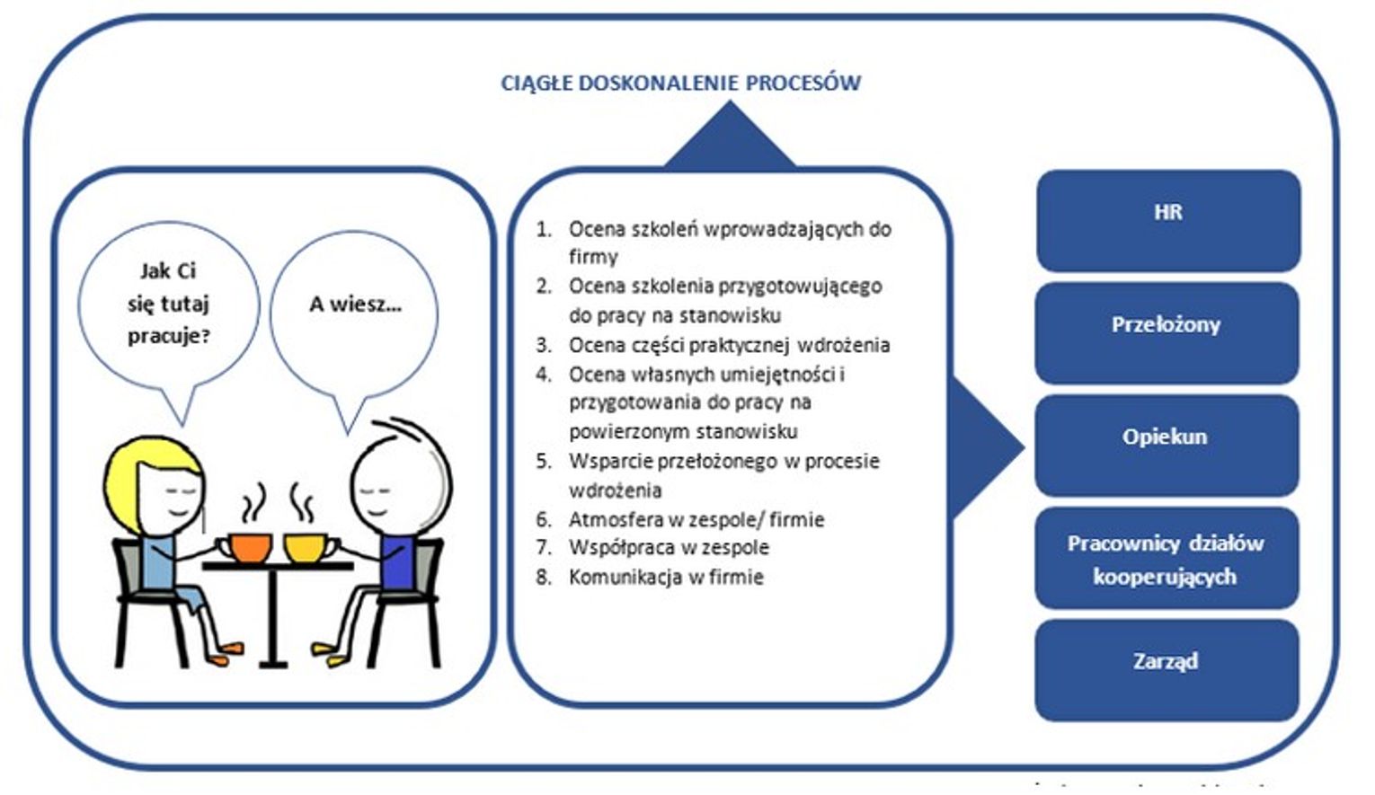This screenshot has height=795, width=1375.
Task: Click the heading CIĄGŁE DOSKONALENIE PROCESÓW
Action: point(680,83)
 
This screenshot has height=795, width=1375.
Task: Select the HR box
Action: point(1167,220)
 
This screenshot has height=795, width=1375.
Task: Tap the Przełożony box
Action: point(1167,332)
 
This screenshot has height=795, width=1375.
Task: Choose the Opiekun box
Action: point(1167,445)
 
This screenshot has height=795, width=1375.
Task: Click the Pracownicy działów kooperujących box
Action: point(1167,558)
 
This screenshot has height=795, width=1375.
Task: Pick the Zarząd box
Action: point(1167,669)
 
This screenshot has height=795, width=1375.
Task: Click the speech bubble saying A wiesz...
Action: point(354,310)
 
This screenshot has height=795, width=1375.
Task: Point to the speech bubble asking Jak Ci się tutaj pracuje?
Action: point(168,305)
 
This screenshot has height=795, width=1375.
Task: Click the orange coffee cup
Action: point(250,546)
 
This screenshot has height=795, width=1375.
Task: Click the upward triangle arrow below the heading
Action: point(730,139)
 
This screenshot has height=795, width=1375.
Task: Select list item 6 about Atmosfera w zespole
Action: point(696,519)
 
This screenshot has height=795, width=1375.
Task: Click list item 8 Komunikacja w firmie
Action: point(665,577)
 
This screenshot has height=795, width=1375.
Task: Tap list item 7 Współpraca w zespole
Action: point(668,547)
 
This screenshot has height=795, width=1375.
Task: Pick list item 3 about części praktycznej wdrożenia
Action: point(728,345)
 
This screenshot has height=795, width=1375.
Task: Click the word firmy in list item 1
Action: point(593,257)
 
